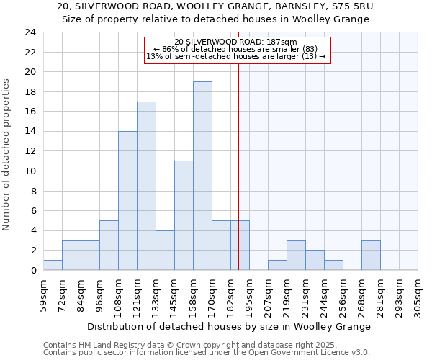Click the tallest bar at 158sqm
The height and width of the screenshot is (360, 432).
point(202,176)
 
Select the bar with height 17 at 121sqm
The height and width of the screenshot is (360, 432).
point(146,186)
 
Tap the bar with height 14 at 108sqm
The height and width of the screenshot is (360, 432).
point(127,201)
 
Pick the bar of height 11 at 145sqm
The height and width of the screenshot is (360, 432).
point(184,215)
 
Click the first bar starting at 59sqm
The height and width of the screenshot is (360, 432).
point(53,265)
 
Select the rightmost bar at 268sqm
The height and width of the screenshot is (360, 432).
point(371,256)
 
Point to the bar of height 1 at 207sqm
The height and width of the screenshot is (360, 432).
point(277,265)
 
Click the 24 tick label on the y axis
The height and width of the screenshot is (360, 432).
point(30,32)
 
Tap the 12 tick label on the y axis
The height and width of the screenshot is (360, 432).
point(30,151)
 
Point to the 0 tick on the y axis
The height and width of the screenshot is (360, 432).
point(33,271)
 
